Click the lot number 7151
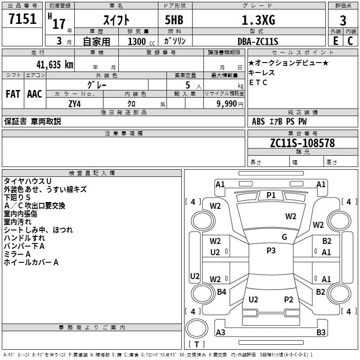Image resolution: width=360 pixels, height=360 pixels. click(x=22, y=19)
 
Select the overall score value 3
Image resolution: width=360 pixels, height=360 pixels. click(x=343, y=20)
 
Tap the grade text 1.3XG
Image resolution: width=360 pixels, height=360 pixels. click(x=258, y=20)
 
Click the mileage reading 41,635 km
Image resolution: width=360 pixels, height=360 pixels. click(x=54, y=65)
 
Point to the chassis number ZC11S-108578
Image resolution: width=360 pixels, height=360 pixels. click(x=302, y=143)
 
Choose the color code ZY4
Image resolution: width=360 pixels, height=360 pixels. click(x=75, y=104)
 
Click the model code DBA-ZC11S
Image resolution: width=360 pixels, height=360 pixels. click(x=258, y=41)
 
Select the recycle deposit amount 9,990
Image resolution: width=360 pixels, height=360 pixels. click(x=227, y=104)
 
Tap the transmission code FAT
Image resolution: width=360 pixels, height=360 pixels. click(x=13, y=94)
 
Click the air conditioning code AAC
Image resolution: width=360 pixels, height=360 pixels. click(x=35, y=94)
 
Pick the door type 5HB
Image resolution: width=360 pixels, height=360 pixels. click(x=174, y=20)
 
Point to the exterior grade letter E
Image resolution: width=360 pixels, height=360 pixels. click(x=335, y=41)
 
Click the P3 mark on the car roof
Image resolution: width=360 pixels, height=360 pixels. click(x=271, y=251)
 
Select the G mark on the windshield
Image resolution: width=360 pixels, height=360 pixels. click(x=284, y=237)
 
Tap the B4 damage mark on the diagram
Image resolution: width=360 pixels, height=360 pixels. click(x=221, y=292)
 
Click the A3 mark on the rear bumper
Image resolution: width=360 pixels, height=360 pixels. click(x=220, y=332)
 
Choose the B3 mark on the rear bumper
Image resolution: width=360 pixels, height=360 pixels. click(x=321, y=332)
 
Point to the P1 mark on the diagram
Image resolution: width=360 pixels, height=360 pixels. click(x=271, y=195)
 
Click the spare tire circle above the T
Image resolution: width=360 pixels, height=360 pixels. click(x=197, y=328)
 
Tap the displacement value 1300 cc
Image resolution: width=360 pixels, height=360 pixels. click(x=141, y=42)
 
